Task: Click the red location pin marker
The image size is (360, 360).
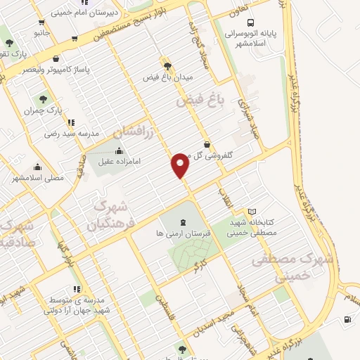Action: coord(181,165)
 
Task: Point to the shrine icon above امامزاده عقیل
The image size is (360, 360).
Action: coord(119,150)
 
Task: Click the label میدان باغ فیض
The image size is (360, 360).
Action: coord(167,76)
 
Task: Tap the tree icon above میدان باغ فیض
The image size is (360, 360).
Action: coord(167,65)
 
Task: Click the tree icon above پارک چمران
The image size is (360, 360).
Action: coord(43,100)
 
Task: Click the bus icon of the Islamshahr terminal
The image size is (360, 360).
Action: coord(251,22)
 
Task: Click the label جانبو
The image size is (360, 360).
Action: coord(41,32)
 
